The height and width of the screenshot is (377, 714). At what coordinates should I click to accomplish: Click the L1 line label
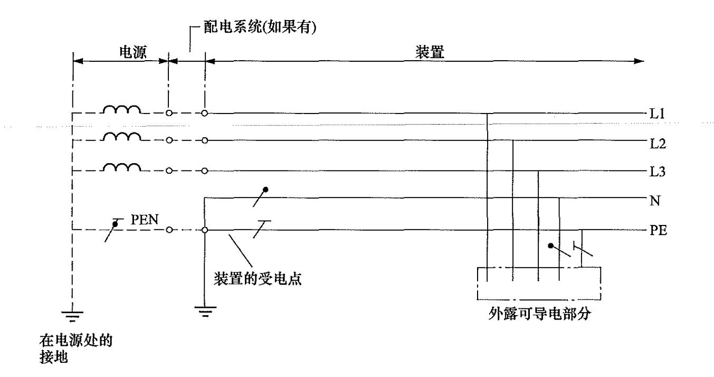pyautogui.click(x=657, y=114)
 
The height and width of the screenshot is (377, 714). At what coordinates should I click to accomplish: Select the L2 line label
pyautogui.click(x=658, y=144)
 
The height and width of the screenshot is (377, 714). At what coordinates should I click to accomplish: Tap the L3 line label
pyautogui.click(x=658, y=172)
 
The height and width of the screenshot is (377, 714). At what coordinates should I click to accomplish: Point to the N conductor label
pyautogui.click(x=655, y=201)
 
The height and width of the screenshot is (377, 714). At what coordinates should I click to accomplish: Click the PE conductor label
pyautogui.click(x=659, y=230)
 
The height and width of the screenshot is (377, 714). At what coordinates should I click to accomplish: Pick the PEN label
pyautogui.click(x=145, y=220)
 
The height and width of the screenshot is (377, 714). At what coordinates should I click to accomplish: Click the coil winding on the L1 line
pyautogui.click(x=121, y=109)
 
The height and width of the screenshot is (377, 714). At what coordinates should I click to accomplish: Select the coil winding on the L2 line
pyautogui.click(x=121, y=136)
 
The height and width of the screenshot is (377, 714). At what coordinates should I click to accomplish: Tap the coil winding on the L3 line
pyautogui.click(x=121, y=167)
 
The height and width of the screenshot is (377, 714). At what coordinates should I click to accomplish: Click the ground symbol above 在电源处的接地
pyautogui.click(x=72, y=316)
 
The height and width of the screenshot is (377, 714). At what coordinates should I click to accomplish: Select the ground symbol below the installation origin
pyautogui.click(x=205, y=312)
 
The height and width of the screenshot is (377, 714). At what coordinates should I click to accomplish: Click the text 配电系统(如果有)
pyautogui.click(x=260, y=27)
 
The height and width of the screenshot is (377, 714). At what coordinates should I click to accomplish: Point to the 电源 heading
pyautogui.click(x=133, y=52)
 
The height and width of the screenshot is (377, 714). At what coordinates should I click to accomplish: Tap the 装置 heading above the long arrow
pyautogui.click(x=430, y=52)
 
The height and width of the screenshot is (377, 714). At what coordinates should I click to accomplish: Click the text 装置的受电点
pyautogui.click(x=258, y=279)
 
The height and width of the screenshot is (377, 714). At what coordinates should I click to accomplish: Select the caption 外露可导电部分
pyautogui.click(x=540, y=314)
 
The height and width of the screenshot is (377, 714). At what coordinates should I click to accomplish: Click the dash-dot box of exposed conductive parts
pyautogui.click(x=539, y=283)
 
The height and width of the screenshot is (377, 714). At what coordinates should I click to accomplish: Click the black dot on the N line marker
pyautogui.click(x=265, y=190)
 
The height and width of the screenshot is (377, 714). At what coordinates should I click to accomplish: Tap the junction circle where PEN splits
pyautogui.click(x=205, y=230)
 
